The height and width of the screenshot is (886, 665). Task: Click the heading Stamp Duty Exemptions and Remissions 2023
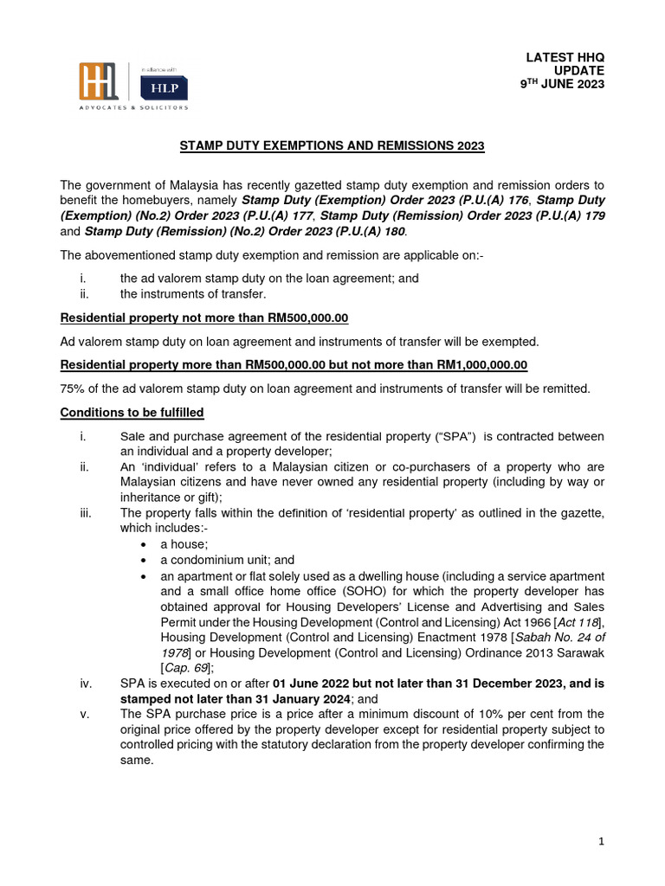pyautogui.click(x=332, y=147)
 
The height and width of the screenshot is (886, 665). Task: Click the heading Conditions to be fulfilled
pyautogui.click(x=132, y=413)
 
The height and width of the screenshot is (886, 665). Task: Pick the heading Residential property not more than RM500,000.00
pyautogui.click(x=203, y=318)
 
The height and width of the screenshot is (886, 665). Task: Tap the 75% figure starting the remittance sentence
pyautogui.click(x=71, y=389)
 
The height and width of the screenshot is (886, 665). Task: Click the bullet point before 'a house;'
pyautogui.click(x=143, y=545)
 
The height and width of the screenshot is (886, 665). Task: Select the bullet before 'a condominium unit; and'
pyautogui.click(x=143, y=561)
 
